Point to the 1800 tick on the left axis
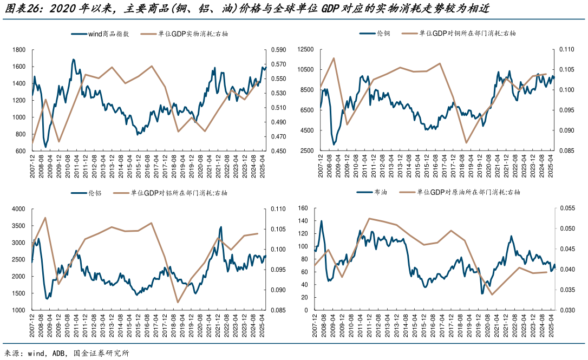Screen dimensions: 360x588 (x=19, y=50)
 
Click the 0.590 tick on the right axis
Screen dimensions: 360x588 (x=278, y=50)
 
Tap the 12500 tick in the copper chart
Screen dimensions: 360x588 (x=306, y=50)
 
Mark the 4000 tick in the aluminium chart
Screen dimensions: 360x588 (x=19, y=209)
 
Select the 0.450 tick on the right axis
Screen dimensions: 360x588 (x=278, y=151)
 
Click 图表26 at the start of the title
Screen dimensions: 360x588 (x=20, y=8)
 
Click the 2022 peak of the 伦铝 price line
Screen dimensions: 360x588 (x=220, y=227)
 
